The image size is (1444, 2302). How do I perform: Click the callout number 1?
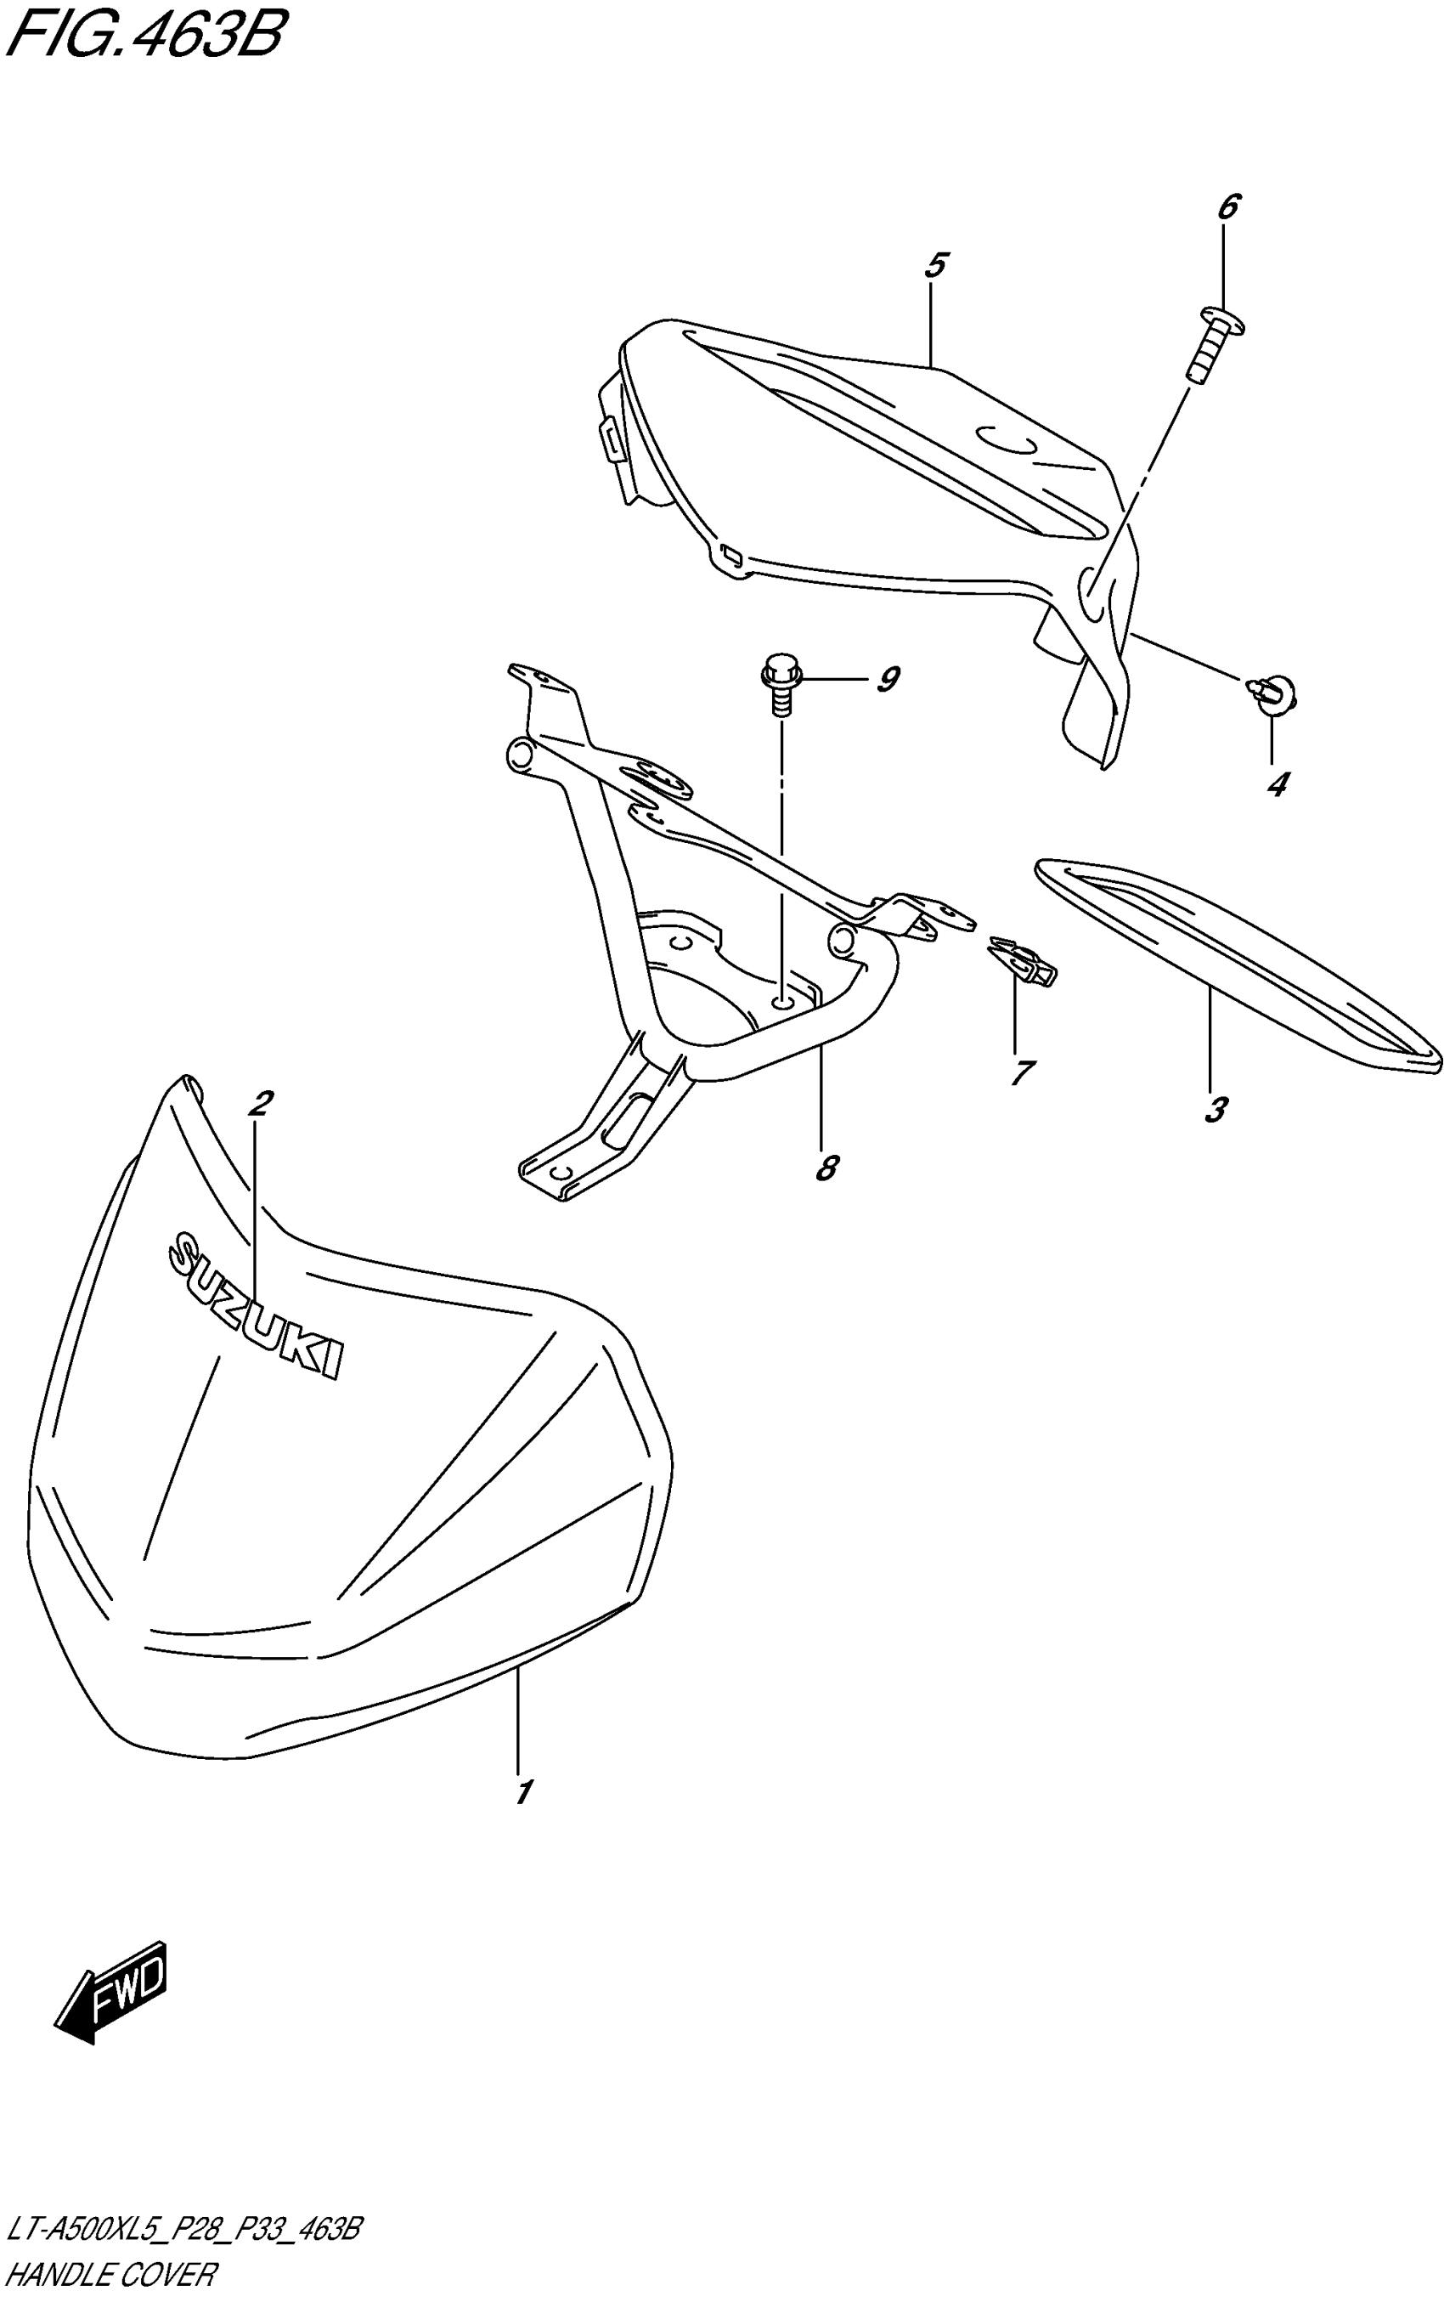(522, 1793)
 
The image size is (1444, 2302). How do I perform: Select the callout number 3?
(1215, 1110)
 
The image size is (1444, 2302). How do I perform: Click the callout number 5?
(935, 265)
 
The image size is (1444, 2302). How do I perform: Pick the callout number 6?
(1228, 206)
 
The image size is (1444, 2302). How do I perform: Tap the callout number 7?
(1021, 1072)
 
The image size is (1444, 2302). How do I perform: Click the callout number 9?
(888, 680)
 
